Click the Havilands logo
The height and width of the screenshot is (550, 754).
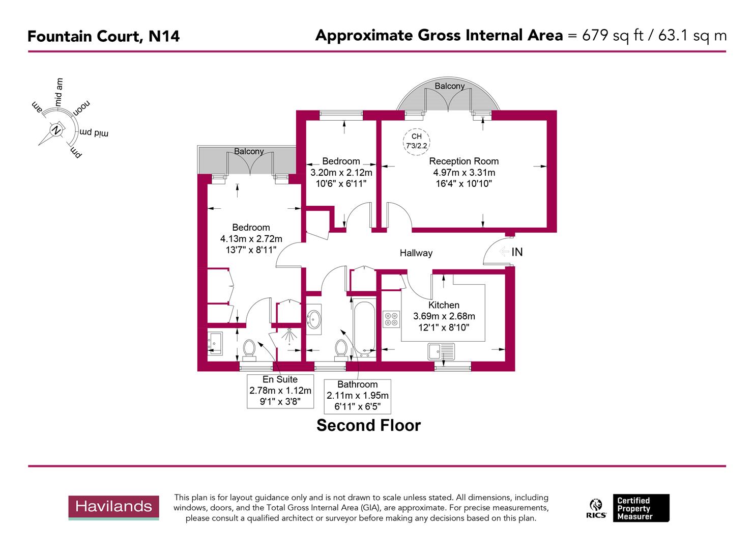point(113,507)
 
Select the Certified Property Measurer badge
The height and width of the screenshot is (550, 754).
point(641,508)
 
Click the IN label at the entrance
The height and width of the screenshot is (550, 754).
point(517,252)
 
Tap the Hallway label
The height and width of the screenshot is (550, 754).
point(416,253)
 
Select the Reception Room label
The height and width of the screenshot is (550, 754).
point(463,161)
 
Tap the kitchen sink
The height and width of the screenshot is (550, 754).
point(441,351)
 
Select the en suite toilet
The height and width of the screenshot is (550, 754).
point(249,349)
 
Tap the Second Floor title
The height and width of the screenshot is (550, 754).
point(368,425)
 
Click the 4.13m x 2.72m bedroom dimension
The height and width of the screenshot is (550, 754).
point(251,239)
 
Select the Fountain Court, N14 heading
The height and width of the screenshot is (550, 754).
point(103,36)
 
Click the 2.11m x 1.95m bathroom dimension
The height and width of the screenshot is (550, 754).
point(357,396)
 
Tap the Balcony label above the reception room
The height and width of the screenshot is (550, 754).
point(449,86)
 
